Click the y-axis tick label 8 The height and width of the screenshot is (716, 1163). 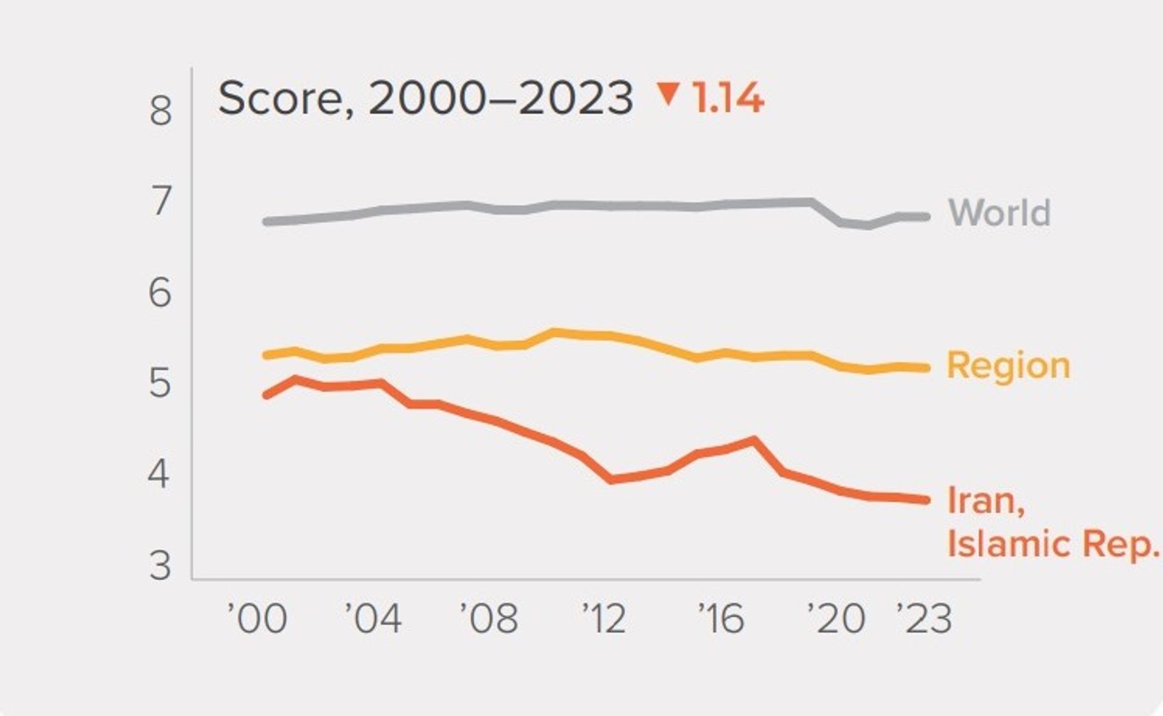(x=161, y=111)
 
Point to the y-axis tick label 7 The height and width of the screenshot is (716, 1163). (x=161, y=201)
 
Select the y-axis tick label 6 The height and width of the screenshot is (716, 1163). (x=161, y=293)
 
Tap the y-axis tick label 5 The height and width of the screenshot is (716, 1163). (x=161, y=383)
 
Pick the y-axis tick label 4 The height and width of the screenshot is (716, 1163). (x=159, y=474)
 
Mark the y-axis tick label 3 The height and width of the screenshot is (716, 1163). (x=161, y=566)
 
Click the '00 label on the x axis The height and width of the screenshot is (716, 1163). (x=257, y=619)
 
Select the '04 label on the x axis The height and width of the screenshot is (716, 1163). (x=373, y=619)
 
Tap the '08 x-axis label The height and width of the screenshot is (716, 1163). (x=489, y=619)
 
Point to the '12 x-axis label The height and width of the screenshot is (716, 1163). (x=604, y=619)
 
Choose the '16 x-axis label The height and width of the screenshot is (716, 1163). (x=721, y=619)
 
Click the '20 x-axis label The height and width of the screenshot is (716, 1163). (x=837, y=619)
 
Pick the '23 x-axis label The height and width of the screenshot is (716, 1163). (x=924, y=619)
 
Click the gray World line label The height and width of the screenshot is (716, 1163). (x=999, y=213)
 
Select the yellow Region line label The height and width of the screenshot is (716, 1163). (x=1008, y=365)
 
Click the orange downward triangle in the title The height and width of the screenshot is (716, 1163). (x=668, y=94)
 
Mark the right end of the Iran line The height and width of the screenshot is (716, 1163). (x=926, y=499)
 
